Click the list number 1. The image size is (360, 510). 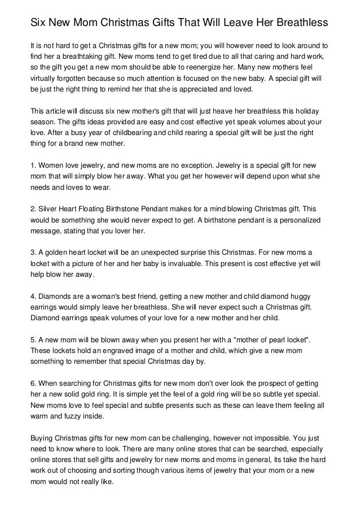click(x=33, y=165)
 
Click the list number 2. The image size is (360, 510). click(x=33, y=208)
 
